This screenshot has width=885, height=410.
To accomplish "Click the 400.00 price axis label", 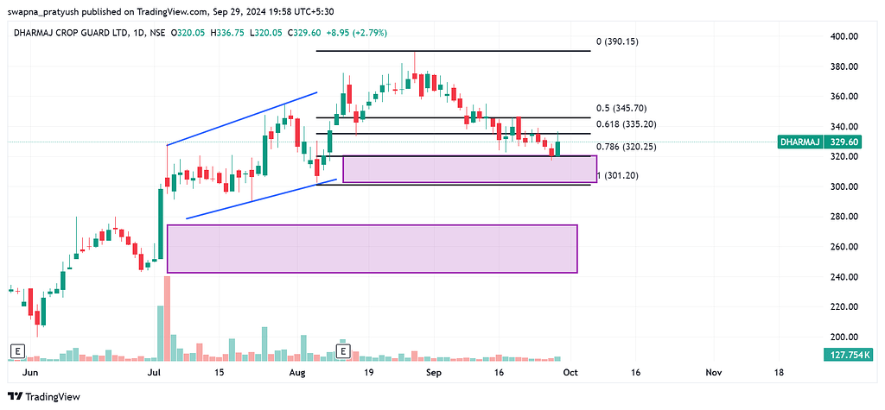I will pyautogui.click(x=844, y=36).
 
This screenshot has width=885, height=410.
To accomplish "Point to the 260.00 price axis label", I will pyautogui.click(x=844, y=247).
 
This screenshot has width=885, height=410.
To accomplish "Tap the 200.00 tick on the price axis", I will pyautogui.click(x=844, y=337).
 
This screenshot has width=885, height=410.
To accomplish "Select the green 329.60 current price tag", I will pyautogui.click(x=844, y=142).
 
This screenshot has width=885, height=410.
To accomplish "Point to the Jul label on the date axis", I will pyautogui.click(x=156, y=372).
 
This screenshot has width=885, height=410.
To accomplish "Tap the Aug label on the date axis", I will pyautogui.click(x=298, y=372).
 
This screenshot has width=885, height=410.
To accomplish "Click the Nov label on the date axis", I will pyautogui.click(x=714, y=372).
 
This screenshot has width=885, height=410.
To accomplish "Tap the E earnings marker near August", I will pyautogui.click(x=343, y=351).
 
